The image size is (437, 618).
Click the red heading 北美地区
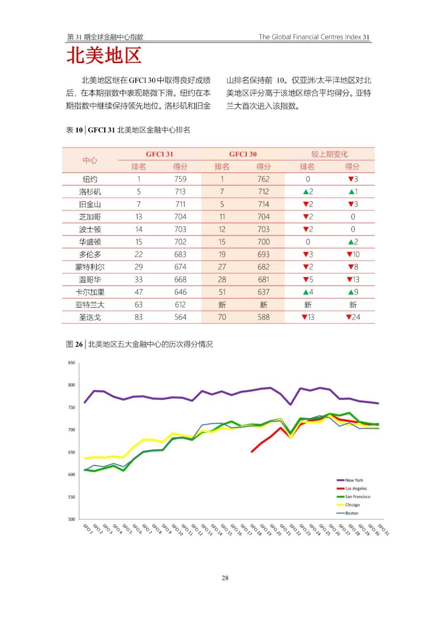(x=104, y=55)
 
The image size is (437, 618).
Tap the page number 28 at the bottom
(x=225, y=578)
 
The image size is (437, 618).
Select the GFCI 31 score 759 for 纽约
(x=180, y=179)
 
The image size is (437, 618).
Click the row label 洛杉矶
(x=90, y=192)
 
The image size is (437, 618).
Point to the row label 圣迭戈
(x=90, y=317)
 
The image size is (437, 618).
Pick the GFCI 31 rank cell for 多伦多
(x=138, y=255)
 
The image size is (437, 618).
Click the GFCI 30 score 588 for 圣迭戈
(x=263, y=317)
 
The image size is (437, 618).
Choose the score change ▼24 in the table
(x=353, y=317)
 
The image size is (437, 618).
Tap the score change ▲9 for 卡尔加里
(x=353, y=292)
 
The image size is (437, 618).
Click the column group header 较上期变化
(x=329, y=154)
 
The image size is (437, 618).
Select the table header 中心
(x=90, y=160)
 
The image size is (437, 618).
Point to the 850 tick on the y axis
(x=72, y=363)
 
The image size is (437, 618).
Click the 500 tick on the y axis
(x=72, y=519)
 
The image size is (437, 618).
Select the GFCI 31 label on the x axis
(x=383, y=529)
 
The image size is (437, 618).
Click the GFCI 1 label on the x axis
(x=88, y=529)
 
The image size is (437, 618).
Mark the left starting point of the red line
(x=252, y=452)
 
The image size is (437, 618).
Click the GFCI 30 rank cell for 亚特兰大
(x=222, y=305)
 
